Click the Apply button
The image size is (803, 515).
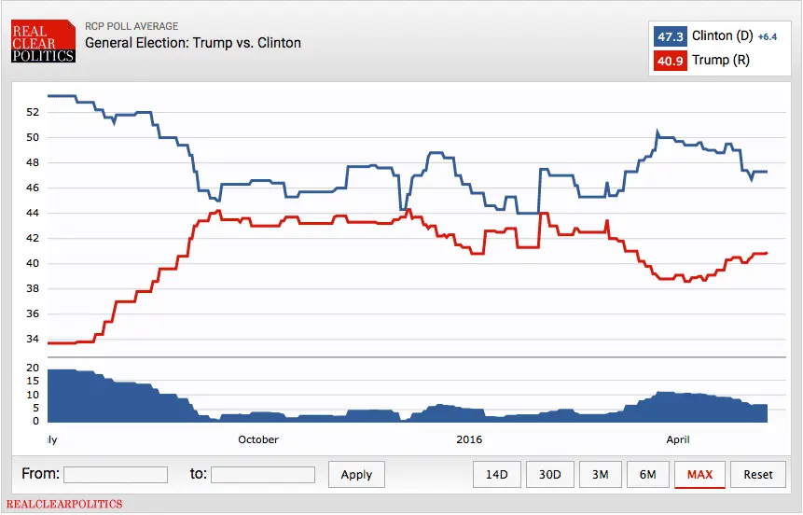pyautogui.click(x=356, y=474)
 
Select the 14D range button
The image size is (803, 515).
pyautogui.click(x=496, y=474)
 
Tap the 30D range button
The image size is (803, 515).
pyautogui.click(x=549, y=474)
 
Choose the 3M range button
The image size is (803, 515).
pyautogui.click(x=600, y=474)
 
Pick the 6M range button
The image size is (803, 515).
pyautogui.click(x=648, y=474)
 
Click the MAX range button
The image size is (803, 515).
pyautogui.click(x=699, y=474)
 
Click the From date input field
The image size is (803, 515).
pyautogui.click(x=116, y=474)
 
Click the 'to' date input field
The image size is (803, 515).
pyautogui.click(x=263, y=474)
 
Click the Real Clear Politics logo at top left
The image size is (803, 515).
pyautogui.click(x=43, y=43)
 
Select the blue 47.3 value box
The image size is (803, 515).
pyautogui.click(x=671, y=36)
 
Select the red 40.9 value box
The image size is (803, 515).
pyautogui.click(x=671, y=61)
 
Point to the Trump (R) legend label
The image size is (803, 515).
pyautogui.click(x=721, y=61)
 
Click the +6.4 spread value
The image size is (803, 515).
pyautogui.click(x=768, y=37)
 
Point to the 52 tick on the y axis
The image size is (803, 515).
pyautogui.click(x=33, y=112)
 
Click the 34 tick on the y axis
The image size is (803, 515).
pyautogui.click(x=33, y=339)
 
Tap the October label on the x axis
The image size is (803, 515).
pyautogui.click(x=258, y=438)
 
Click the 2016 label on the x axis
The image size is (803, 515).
pyautogui.click(x=469, y=438)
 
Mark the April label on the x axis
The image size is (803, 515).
pyautogui.click(x=678, y=438)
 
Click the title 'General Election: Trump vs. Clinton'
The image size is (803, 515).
pyautogui.click(x=193, y=43)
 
